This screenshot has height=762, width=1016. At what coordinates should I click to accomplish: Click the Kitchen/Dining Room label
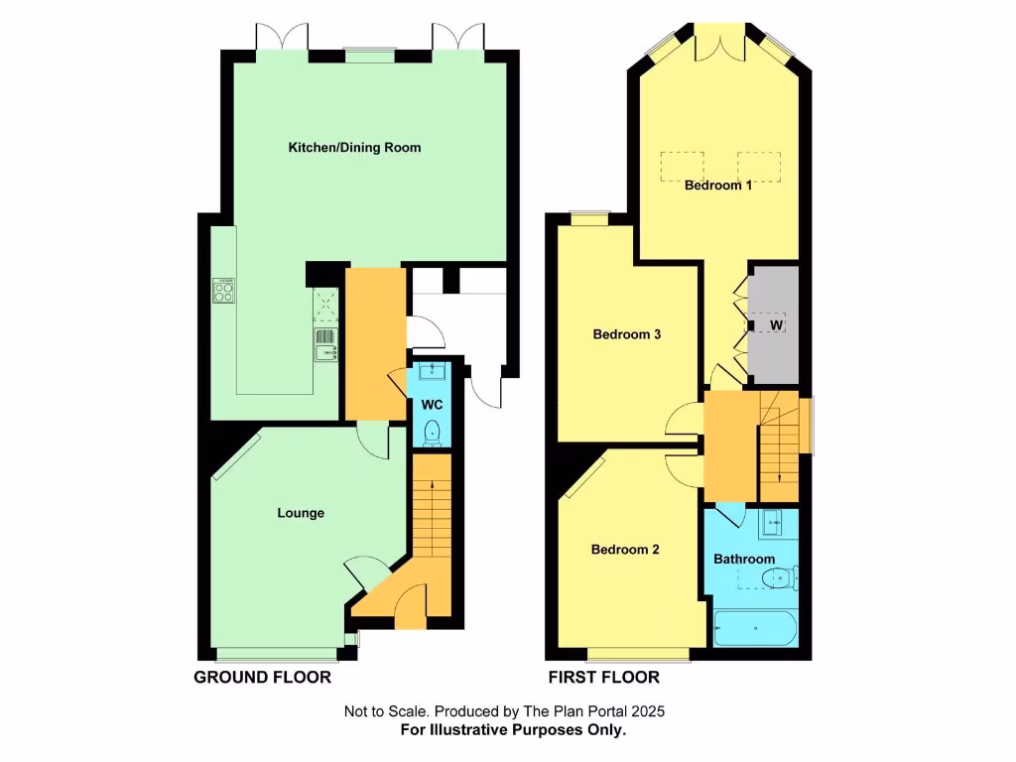pos(354,148)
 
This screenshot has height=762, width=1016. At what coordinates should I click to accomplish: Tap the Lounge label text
pos(301,513)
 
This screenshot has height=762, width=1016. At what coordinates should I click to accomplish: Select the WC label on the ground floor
pos(432,405)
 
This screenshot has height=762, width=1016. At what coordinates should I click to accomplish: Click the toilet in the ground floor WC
pos(432,433)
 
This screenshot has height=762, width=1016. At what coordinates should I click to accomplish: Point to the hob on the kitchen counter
pos(224,290)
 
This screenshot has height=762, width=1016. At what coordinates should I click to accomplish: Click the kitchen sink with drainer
pos(325,344)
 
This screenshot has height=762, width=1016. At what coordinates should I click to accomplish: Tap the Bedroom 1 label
pos(717,185)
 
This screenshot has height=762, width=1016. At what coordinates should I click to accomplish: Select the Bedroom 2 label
pos(625,550)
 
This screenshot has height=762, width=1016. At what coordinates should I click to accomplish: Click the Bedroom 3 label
pos(627,334)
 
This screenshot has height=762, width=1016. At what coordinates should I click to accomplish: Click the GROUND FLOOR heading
pos(262,678)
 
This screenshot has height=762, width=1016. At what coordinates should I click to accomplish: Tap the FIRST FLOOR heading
pos(604,678)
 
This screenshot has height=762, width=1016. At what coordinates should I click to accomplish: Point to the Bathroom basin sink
pos(775,520)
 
